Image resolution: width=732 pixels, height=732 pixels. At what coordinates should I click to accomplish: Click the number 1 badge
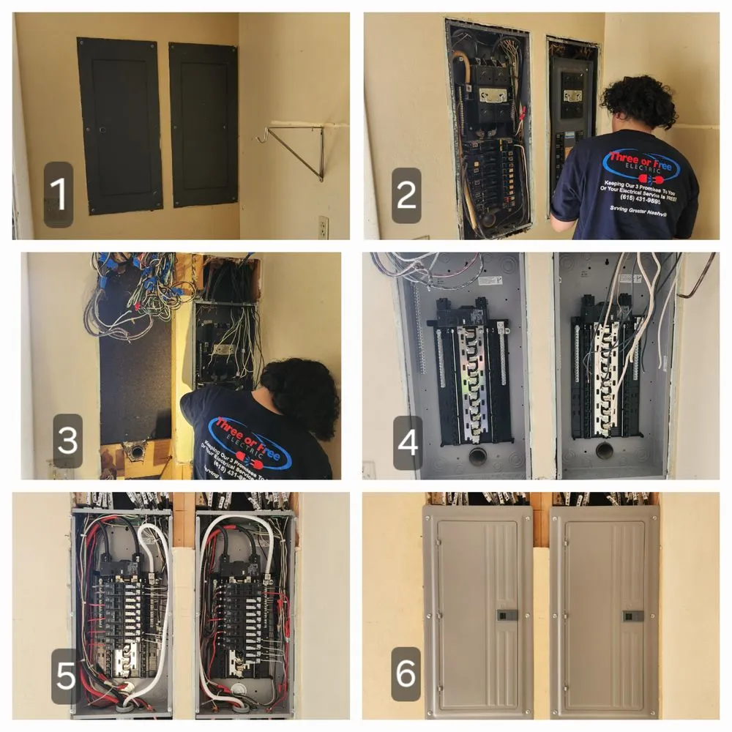click(x=58, y=195)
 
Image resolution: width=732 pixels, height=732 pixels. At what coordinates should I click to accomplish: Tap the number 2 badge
click(x=406, y=195)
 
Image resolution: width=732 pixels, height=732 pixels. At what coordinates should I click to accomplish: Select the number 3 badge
click(x=67, y=441)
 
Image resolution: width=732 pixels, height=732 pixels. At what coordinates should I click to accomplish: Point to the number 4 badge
click(x=407, y=442)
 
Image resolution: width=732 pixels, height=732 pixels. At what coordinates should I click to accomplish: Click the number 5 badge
click(x=65, y=676)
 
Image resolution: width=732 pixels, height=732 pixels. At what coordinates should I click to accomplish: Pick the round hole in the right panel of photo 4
click(x=605, y=450)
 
